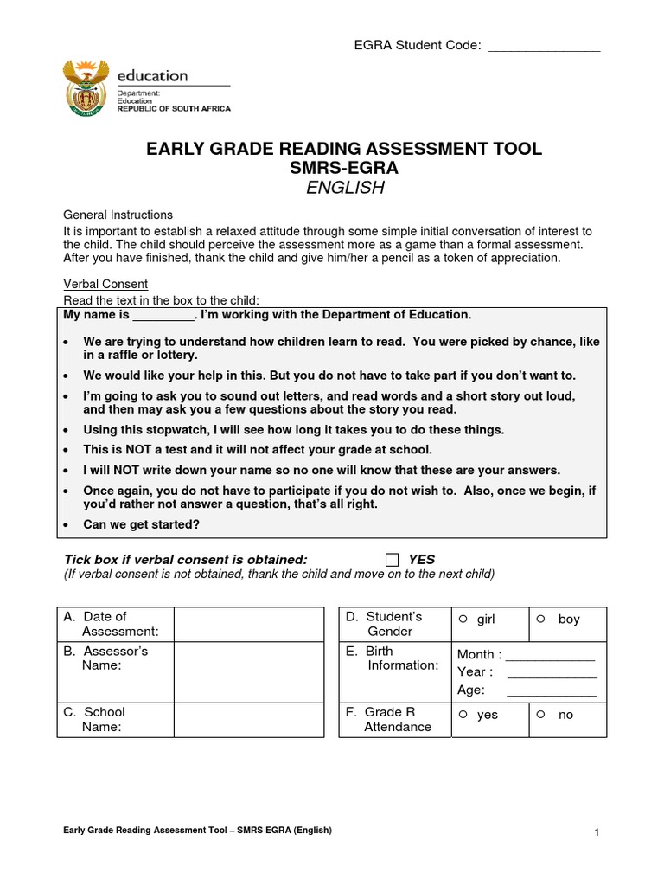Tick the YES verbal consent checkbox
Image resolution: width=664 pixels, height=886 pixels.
coord(393,560)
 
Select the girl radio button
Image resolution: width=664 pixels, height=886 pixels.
coord(463,619)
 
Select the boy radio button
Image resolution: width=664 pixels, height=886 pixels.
coord(540,619)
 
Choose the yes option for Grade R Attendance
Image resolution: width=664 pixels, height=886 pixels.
coord(463,714)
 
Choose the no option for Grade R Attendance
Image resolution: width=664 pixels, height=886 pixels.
coord(540,714)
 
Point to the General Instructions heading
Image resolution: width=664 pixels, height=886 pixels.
coord(118,215)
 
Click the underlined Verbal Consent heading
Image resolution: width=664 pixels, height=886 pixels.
coord(105,284)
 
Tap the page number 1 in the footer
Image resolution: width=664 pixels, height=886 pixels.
coord(597,832)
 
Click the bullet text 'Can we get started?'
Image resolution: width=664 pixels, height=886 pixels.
coord(141,524)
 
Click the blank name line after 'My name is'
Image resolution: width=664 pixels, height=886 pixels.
coord(163,316)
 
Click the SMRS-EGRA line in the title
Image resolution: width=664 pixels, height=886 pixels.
coord(344,168)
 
